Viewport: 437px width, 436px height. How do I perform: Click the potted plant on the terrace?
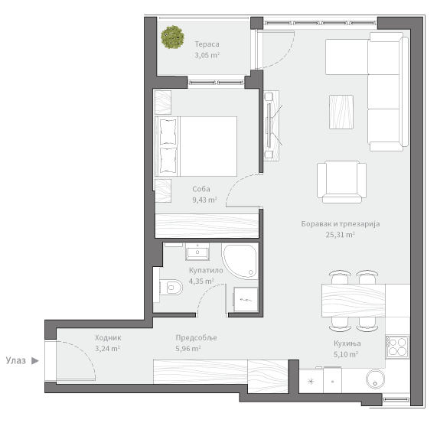tap(172, 37)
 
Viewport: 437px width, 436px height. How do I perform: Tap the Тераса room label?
tap(207, 44)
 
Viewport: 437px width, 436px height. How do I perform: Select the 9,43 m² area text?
tap(204, 200)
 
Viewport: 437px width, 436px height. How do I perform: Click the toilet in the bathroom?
tap(171, 287)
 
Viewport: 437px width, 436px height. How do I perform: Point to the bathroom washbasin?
tap(197, 252)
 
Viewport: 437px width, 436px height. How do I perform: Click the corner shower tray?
tap(240, 262)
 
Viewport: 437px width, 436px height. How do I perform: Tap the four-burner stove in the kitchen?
tap(398, 347)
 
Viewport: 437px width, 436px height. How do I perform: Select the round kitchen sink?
tap(375, 379)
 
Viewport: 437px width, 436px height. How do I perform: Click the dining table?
tap(354, 301)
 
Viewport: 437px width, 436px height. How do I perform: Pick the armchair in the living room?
tap(341, 182)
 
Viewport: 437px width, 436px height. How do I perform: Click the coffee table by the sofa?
tap(341, 112)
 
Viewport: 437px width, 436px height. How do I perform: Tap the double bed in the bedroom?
tap(196, 147)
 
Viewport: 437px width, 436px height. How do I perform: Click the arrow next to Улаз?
tap(35, 361)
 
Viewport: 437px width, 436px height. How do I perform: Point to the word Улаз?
tap(16, 360)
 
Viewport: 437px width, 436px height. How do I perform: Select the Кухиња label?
tap(347, 343)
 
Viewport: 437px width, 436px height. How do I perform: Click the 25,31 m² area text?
tap(341, 235)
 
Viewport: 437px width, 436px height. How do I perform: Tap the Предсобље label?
tap(196, 337)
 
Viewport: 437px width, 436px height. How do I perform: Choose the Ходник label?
tap(108, 337)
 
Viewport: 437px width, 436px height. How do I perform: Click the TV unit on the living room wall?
tap(271, 125)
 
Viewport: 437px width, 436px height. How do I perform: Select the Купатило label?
tap(206, 270)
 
